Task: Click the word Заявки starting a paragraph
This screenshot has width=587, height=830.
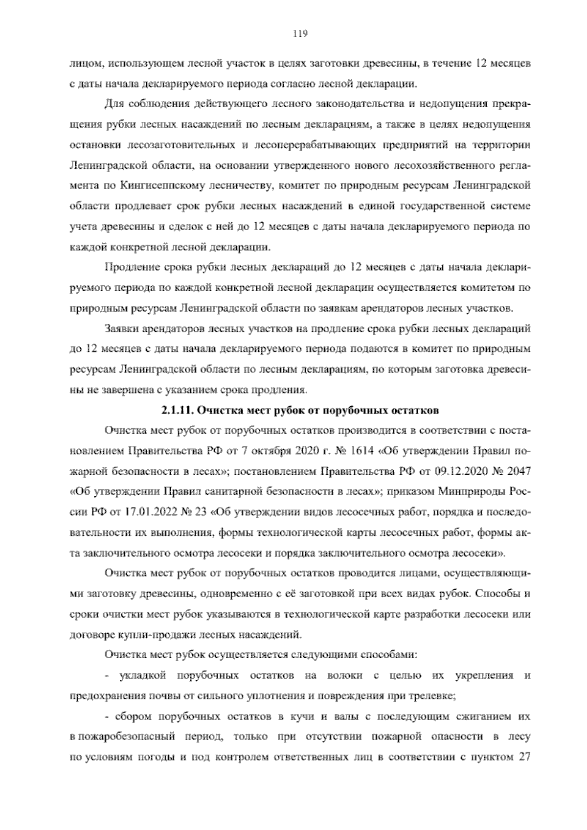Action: pos(120,329)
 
